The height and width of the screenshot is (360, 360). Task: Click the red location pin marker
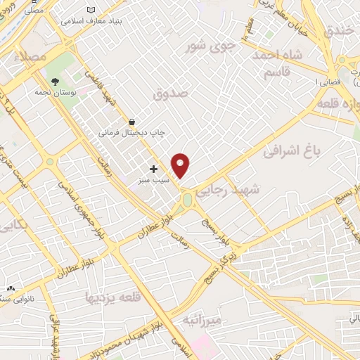tap(181, 165)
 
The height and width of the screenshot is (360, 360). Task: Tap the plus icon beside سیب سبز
tap(153, 169)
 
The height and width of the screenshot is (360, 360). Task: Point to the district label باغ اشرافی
tap(290, 150)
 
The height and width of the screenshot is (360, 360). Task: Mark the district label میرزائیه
tap(202, 321)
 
